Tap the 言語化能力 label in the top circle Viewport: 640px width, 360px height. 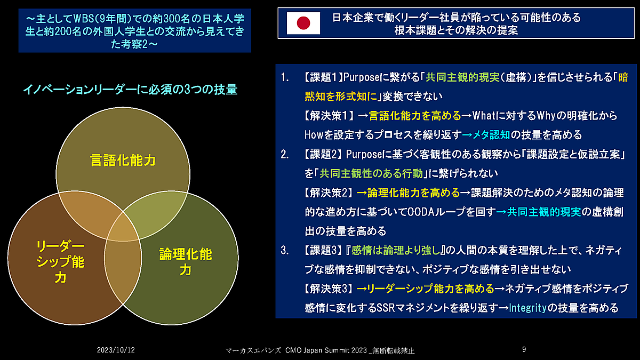[123, 160]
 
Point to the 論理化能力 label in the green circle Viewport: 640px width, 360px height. [185, 262]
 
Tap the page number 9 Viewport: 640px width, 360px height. [524, 349]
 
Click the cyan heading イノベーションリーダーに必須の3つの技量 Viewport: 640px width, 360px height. [130, 90]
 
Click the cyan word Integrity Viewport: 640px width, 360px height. [528, 308]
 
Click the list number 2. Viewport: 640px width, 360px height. [285, 155]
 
